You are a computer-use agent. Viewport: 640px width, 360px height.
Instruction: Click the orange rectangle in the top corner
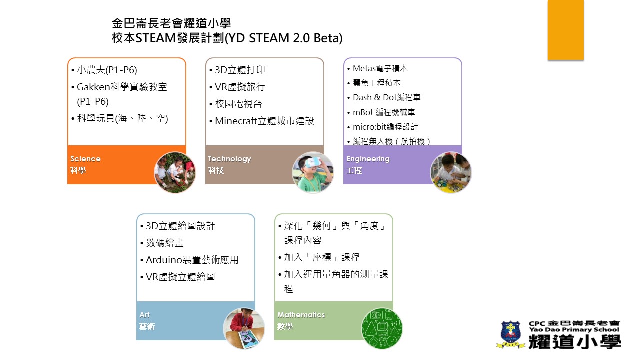point(565,30)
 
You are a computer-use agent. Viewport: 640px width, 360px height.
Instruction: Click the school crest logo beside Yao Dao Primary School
point(511,334)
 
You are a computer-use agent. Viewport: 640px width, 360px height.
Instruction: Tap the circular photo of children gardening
point(175,172)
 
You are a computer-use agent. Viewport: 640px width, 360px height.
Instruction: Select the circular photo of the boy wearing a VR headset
point(313,172)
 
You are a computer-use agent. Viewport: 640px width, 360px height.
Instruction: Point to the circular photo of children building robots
point(451,172)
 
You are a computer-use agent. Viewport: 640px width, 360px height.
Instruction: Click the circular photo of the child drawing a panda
point(244,328)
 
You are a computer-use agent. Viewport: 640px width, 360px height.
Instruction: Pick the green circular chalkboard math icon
point(382,328)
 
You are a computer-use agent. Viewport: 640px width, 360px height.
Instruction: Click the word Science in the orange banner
point(85,159)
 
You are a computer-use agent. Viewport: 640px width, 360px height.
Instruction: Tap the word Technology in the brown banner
point(229,159)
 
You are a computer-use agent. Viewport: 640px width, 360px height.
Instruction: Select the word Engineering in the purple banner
point(368,159)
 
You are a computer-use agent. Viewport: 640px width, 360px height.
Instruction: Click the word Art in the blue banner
point(144,315)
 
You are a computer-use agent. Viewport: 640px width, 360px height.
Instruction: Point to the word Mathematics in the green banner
point(301,315)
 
